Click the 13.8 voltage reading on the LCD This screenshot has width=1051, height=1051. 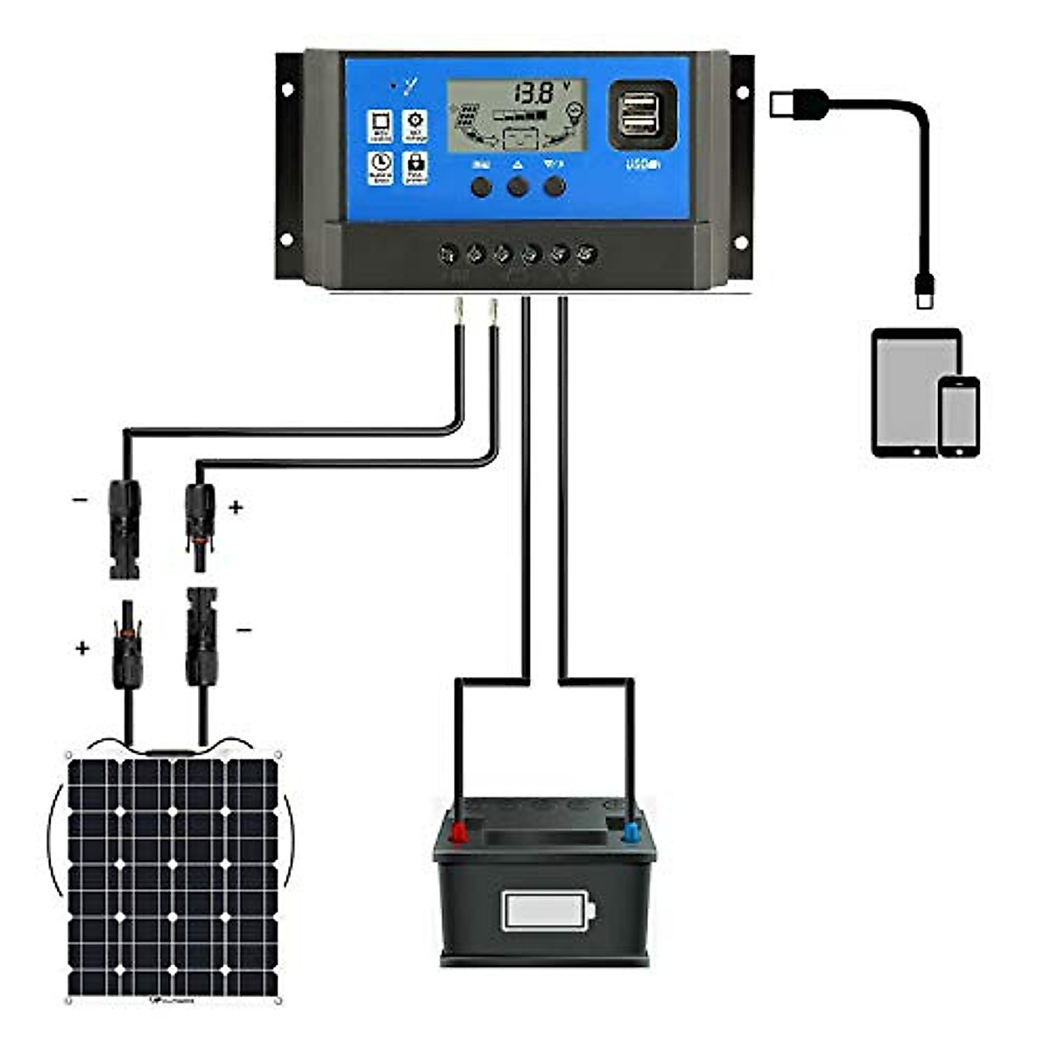[533, 93]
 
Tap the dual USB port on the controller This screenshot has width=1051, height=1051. [642, 115]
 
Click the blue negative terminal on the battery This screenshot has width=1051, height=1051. [631, 831]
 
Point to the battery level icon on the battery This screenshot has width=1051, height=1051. [548, 912]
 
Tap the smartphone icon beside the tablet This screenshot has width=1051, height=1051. [959, 416]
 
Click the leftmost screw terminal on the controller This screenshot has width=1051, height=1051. [448, 255]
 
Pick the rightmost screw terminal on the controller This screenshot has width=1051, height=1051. [588, 255]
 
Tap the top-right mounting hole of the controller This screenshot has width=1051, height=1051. [742, 91]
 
